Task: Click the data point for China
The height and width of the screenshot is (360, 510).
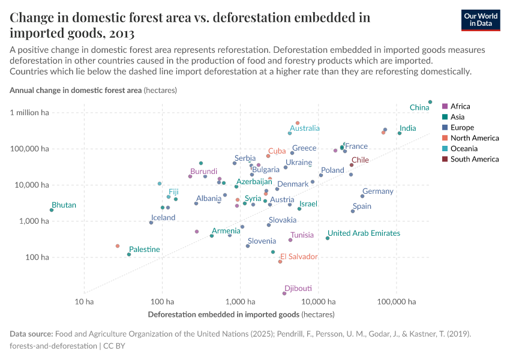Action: pos(430,102)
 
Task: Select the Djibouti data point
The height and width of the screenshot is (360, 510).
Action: pos(284,293)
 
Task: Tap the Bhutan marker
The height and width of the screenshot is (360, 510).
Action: pos(52,210)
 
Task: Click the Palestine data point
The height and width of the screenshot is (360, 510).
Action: pos(129,254)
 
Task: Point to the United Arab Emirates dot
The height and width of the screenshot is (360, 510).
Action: pos(328,238)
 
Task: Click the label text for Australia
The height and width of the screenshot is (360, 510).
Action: pos(305,128)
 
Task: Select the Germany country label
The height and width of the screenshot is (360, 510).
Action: pos(377,191)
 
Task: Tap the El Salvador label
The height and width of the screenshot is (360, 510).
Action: pos(299,257)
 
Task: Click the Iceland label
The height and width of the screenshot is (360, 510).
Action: pos(163,218)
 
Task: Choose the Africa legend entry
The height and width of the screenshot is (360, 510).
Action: pos(460,106)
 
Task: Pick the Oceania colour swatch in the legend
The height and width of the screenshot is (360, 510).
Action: pos(445,149)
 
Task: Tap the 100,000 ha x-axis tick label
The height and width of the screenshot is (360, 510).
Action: pos(396,302)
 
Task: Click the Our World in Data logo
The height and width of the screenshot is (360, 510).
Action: pos(481,19)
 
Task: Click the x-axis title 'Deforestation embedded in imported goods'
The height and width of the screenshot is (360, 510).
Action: pos(223,314)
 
